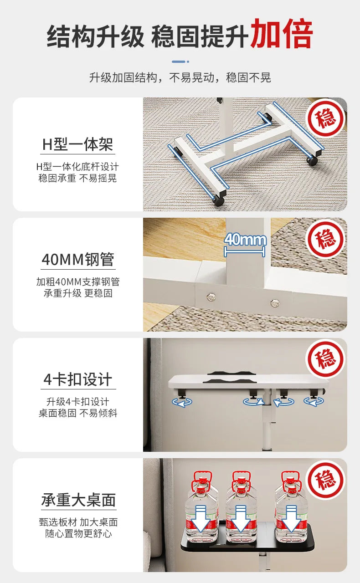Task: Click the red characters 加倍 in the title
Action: pyautogui.click(x=282, y=34)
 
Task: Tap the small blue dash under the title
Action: pyautogui.click(x=180, y=61)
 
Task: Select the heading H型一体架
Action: pyautogui.click(x=77, y=145)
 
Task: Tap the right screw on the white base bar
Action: pyautogui.click(x=274, y=302)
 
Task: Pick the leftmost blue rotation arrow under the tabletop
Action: pyautogui.click(x=182, y=402)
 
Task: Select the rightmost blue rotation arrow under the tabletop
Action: pyautogui.click(x=314, y=401)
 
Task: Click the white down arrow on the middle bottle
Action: pyautogui.click(x=241, y=518)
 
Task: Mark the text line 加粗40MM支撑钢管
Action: pyautogui.click(x=78, y=282)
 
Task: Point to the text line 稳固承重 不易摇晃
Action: pyautogui.click(x=77, y=178)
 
